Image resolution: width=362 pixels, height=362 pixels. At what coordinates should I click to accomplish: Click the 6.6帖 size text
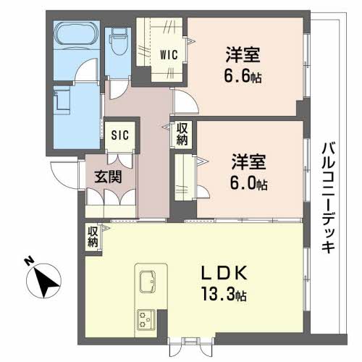(242, 76)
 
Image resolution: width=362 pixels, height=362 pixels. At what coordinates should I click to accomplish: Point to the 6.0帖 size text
(249, 183)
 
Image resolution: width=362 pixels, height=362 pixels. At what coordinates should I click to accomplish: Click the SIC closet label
(119, 134)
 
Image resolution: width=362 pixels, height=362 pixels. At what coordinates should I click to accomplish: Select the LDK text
(225, 274)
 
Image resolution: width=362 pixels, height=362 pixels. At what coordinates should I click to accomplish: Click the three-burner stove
(147, 319)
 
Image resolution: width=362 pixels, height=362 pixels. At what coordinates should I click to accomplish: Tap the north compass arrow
(47, 280)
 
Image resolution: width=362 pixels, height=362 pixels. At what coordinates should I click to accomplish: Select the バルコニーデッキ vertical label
(327, 195)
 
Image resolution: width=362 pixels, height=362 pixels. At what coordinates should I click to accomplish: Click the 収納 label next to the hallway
(182, 135)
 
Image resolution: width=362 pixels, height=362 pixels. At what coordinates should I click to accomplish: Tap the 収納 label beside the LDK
(93, 236)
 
